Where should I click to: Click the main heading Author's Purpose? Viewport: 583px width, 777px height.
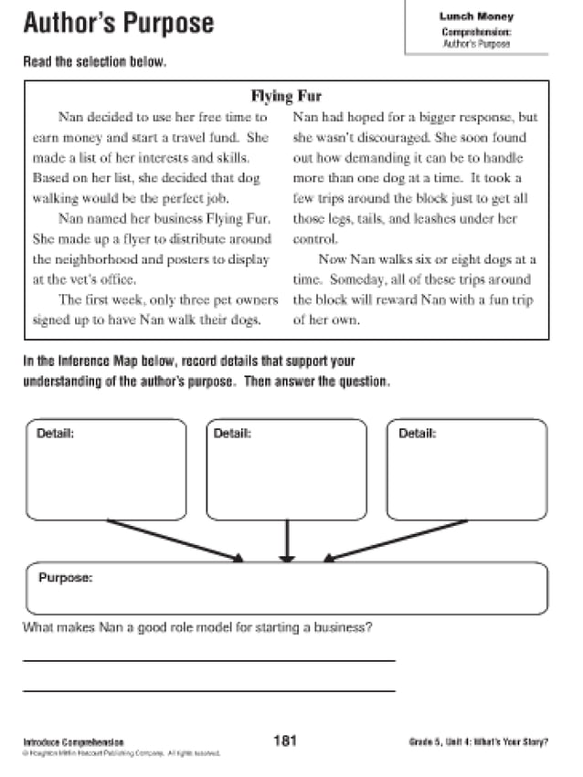click(119, 24)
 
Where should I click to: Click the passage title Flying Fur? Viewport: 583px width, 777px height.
click(286, 96)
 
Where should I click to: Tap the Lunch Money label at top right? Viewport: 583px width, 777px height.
click(476, 16)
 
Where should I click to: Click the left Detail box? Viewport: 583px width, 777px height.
click(106, 470)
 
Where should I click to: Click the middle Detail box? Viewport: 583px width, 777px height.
click(287, 470)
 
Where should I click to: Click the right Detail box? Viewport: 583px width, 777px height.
click(467, 470)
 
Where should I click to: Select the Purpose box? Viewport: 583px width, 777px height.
click(287, 589)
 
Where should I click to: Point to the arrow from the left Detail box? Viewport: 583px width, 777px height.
click(175, 541)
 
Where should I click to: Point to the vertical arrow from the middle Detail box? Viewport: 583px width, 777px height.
click(287, 541)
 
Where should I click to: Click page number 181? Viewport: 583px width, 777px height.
click(285, 740)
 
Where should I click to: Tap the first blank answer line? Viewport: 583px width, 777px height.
click(208, 659)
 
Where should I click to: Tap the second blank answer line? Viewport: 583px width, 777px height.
click(208, 690)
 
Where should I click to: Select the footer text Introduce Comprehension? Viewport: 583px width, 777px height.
click(73, 742)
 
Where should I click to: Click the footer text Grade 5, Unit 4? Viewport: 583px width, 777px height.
click(478, 741)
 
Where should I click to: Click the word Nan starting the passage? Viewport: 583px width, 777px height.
click(69, 118)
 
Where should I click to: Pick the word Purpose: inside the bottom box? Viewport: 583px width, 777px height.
click(66, 578)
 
